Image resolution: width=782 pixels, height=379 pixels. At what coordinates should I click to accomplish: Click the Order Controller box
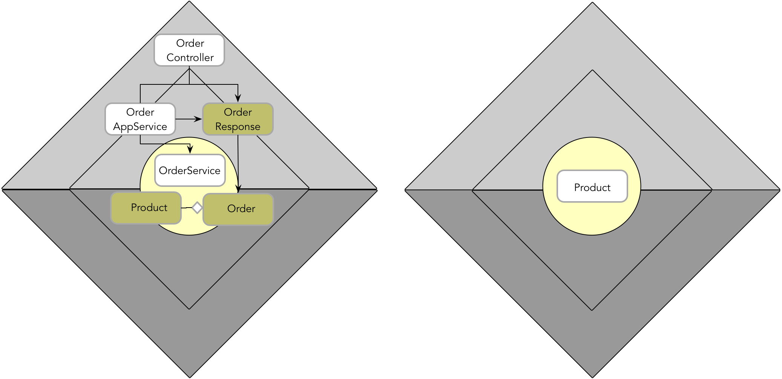click(189, 50)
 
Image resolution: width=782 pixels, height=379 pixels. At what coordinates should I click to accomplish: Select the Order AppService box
click(140, 119)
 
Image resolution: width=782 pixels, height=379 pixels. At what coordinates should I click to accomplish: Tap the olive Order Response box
click(238, 119)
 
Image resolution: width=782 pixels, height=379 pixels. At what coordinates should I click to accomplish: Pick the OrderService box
click(190, 170)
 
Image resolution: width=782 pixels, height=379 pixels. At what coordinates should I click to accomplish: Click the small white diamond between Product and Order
click(197, 208)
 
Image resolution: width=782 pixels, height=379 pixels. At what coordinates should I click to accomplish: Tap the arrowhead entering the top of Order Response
click(238, 99)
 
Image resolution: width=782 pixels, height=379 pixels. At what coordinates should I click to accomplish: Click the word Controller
click(190, 58)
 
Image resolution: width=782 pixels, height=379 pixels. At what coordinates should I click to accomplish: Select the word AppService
click(140, 127)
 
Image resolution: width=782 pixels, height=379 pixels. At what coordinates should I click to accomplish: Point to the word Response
click(238, 127)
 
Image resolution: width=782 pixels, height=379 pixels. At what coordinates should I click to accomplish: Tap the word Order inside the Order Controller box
click(190, 43)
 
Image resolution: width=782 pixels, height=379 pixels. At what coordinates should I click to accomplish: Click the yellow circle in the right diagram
click(592, 219)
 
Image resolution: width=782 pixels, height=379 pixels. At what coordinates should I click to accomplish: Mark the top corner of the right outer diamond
click(592, 3)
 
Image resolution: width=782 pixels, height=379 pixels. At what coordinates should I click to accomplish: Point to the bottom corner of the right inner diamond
click(592, 310)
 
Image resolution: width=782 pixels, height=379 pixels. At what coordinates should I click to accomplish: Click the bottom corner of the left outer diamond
click(189, 376)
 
